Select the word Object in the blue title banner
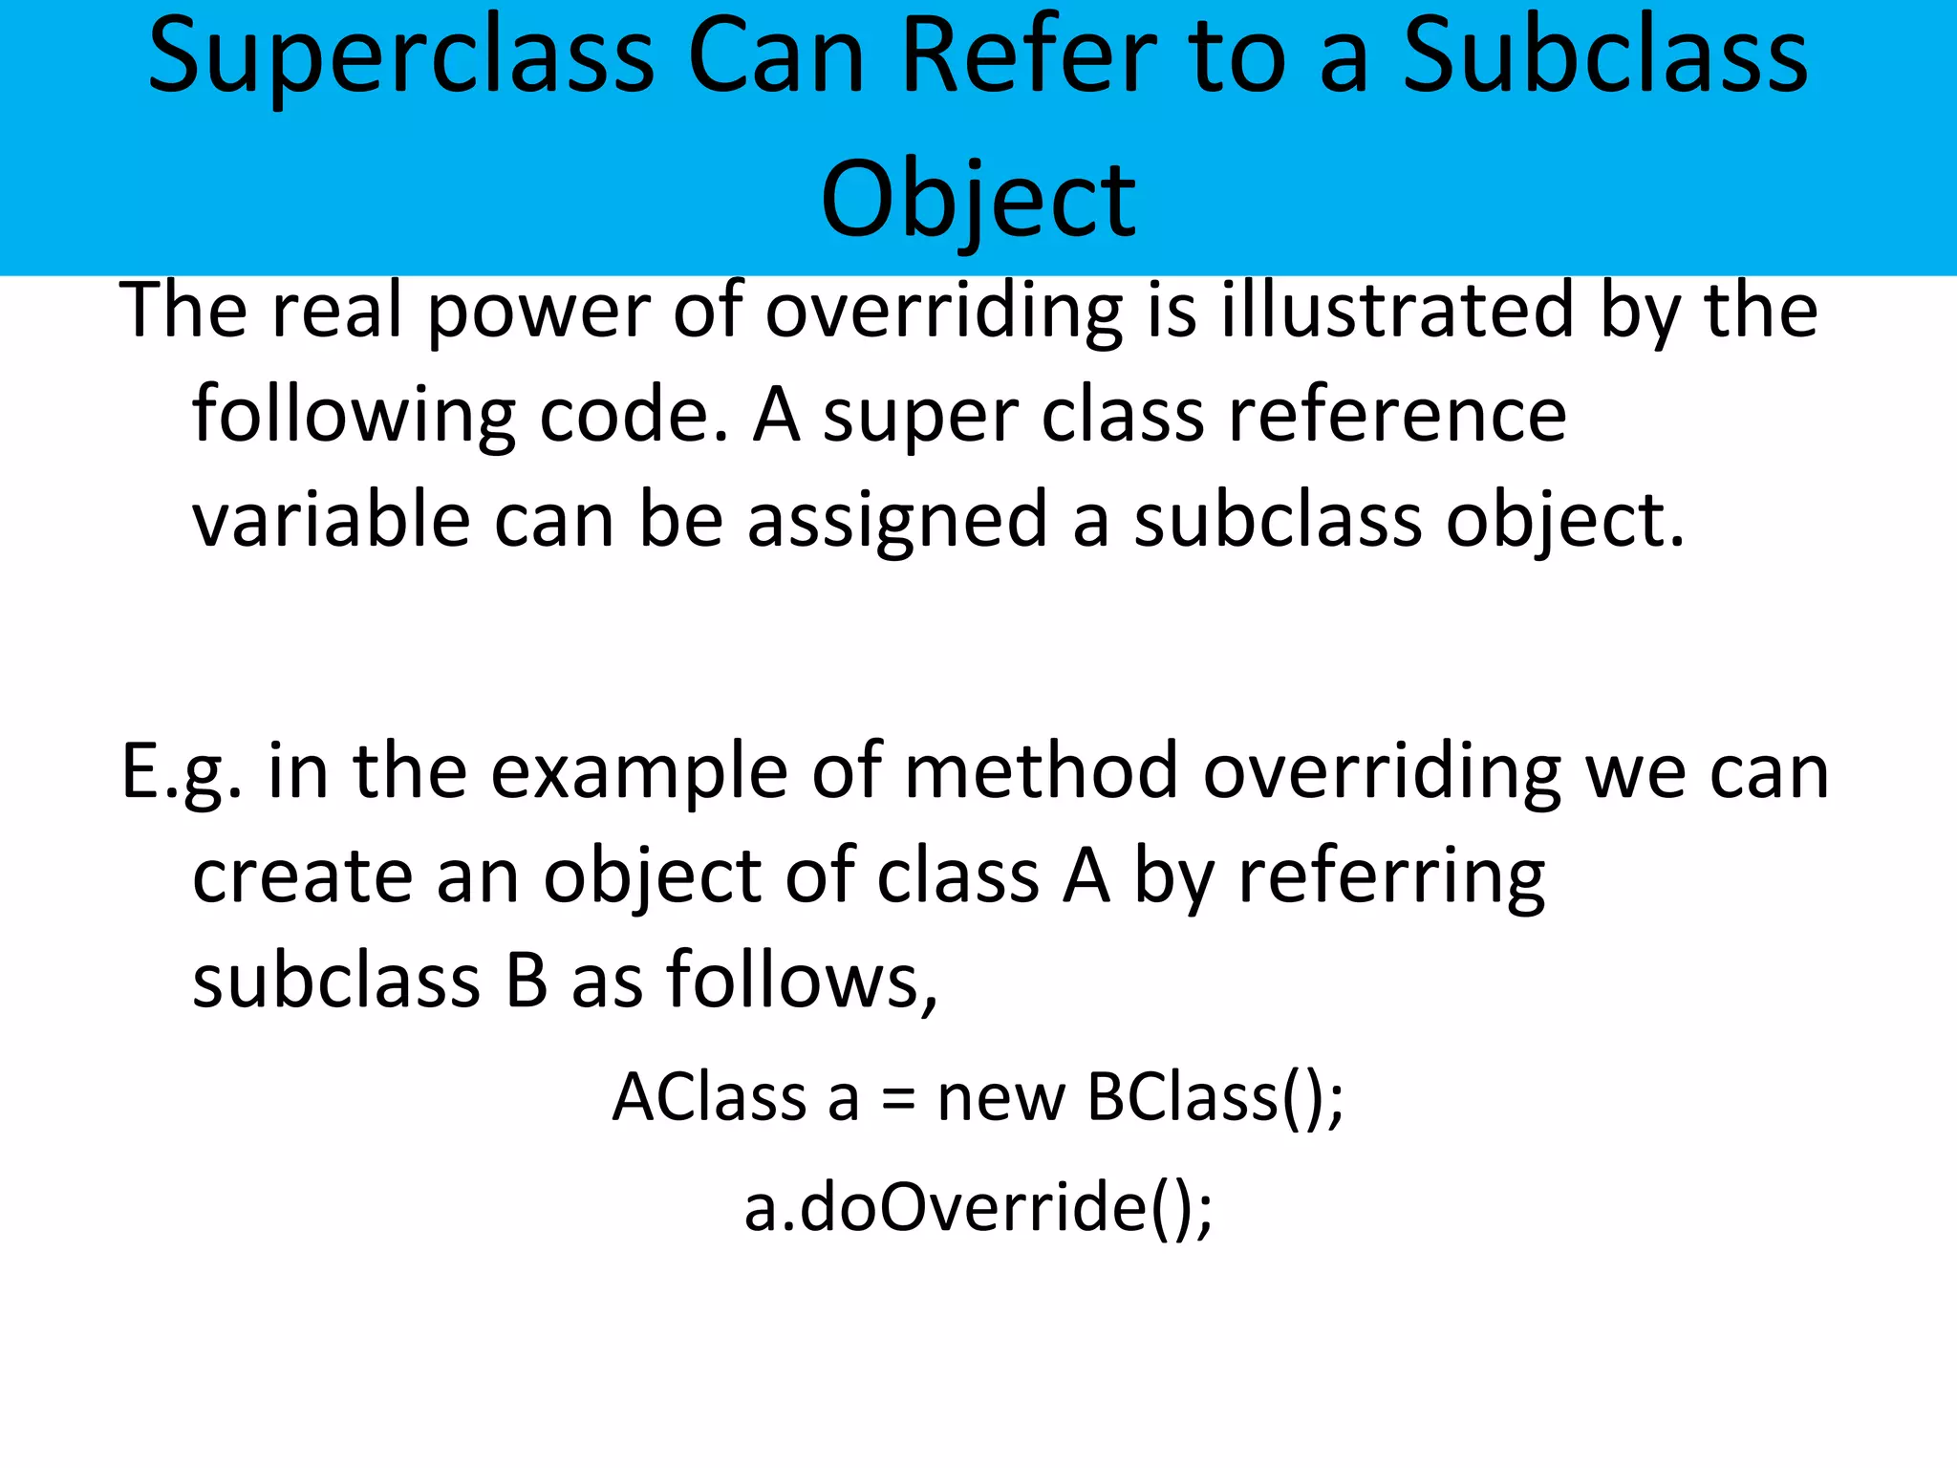point(978,201)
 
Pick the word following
point(354,419)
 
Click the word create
point(302,877)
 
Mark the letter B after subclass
point(527,981)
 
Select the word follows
point(802,981)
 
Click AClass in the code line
point(709,1097)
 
